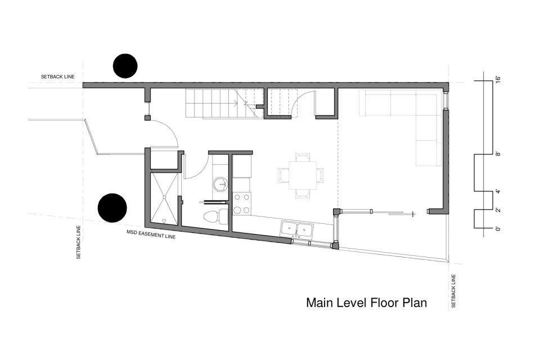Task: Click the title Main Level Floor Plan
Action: click(366, 303)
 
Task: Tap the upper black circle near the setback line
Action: click(125, 66)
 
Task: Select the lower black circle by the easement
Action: click(112, 208)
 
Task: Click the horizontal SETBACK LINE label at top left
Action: click(57, 76)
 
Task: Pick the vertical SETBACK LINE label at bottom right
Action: click(453, 291)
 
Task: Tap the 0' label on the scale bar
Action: click(498, 228)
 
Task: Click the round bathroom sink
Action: click(221, 183)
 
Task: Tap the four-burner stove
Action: click(242, 204)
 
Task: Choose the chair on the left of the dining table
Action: click(283, 175)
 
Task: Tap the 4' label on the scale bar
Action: click(498, 191)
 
